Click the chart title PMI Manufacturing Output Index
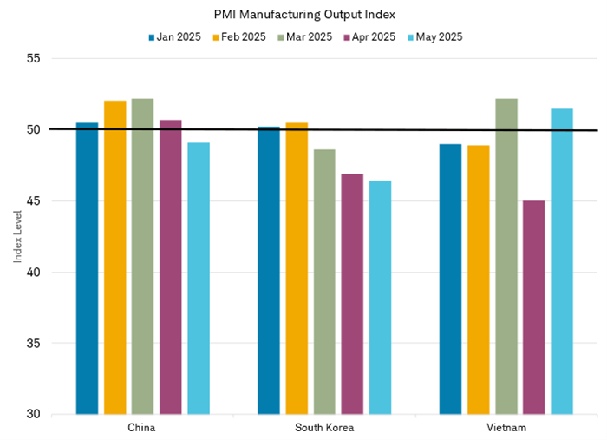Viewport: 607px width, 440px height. [x=303, y=15]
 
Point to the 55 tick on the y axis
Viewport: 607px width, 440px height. [x=35, y=59]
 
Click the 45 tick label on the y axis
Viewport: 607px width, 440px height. [x=35, y=201]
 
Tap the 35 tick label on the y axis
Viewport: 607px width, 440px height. [x=35, y=344]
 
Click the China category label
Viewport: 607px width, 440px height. [x=141, y=428]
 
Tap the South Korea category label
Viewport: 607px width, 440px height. [x=324, y=428]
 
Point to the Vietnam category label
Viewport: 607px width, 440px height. [x=506, y=428]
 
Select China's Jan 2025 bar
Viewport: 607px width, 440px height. [x=87, y=269]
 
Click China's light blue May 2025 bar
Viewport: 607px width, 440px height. [x=199, y=278]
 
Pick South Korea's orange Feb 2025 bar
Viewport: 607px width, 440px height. [x=297, y=269]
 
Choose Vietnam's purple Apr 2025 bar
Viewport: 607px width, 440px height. [x=534, y=307]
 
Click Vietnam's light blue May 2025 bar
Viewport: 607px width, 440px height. [x=562, y=261]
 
